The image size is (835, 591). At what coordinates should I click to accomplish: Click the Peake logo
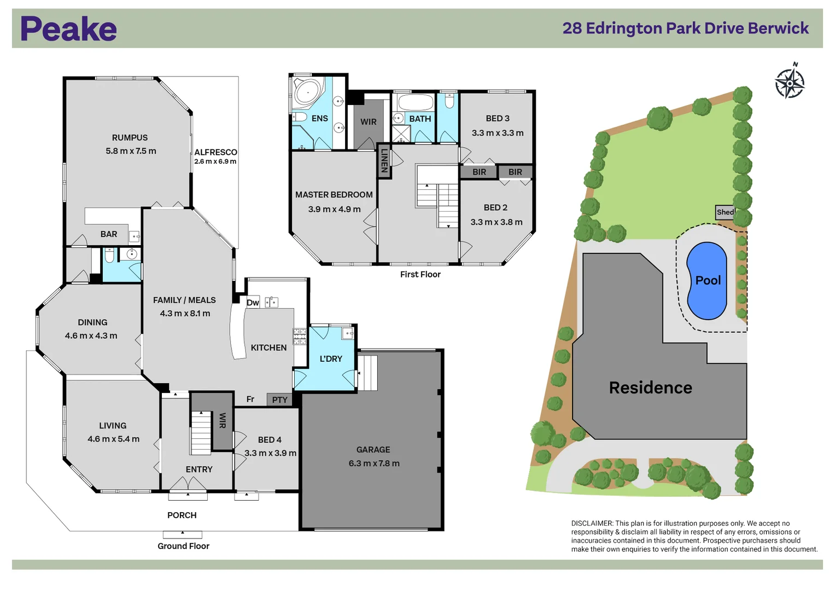[68, 29]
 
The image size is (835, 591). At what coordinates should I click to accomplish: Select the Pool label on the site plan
[708, 280]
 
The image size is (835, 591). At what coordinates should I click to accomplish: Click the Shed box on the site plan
[725, 212]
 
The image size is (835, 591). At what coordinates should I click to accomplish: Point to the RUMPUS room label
[130, 138]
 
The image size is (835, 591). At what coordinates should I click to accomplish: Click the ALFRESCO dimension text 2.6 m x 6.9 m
[215, 161]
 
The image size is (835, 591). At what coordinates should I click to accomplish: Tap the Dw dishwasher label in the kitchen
[253, 303]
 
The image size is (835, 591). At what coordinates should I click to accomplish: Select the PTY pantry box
[279, 400]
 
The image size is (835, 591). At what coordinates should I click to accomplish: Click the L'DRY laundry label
[331, 359]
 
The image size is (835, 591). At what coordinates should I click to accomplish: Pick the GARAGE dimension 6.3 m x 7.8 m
[374, 463]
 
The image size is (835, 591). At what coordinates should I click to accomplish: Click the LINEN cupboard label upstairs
[384, 161]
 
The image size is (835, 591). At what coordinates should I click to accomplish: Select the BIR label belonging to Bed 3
[479, 172]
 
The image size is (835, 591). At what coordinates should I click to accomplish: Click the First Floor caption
[420, 275]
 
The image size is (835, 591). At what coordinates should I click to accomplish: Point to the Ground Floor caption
[183, 546]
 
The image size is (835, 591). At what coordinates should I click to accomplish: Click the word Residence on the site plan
[650, 388]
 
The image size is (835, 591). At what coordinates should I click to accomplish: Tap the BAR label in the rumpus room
[109, 234]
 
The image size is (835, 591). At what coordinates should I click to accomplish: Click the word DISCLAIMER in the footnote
[592, 524]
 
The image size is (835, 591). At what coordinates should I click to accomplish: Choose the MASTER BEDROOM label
[334, 195]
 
